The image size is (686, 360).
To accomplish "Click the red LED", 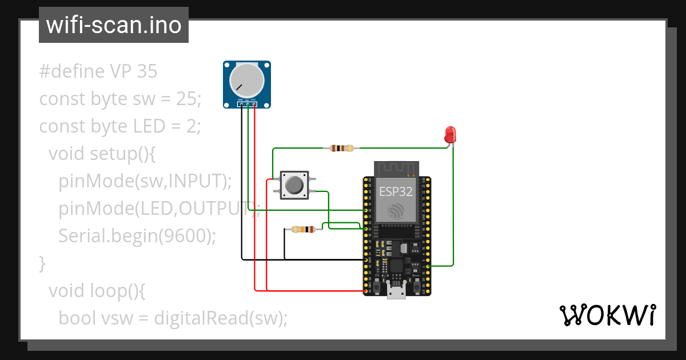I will click(450, 134).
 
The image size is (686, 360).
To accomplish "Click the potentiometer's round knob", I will click(246, 82).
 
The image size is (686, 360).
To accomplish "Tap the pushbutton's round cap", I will click(294, 185).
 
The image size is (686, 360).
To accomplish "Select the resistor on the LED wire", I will click(342, 149).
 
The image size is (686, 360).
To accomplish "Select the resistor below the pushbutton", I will click(303, 230).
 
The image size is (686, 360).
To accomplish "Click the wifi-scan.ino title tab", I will click(113, 25).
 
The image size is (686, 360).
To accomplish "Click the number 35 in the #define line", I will click(147, 71).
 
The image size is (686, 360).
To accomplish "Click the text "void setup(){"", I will click(98, 154).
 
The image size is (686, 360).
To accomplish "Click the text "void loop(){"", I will click(98, 290).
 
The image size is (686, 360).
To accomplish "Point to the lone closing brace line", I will click(42, 263).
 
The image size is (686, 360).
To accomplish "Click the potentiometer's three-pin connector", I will click(247, 104).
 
